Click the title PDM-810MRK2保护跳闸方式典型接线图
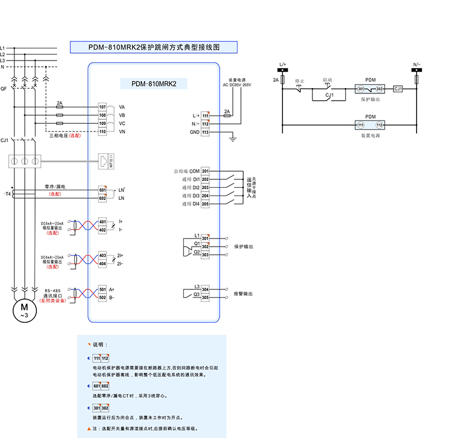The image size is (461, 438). [154, 47]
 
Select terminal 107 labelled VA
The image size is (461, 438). [103, 107]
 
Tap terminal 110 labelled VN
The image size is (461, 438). [103, 132]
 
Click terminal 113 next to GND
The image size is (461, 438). [205, 132]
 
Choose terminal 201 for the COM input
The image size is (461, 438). [205, 171]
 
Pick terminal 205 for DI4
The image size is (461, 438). [205, 203]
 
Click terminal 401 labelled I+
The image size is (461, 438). [103, 221]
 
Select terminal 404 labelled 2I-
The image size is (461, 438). [103, 263]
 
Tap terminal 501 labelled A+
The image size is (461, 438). [103, 289]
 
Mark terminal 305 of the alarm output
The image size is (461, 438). [205, 298]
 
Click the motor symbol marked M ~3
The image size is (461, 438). [24, 311]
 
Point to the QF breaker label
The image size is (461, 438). [4, 89]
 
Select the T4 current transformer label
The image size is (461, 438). [7, 194]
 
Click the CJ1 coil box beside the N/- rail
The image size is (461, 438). [398, 89]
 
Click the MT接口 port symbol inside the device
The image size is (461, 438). [103, 161]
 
